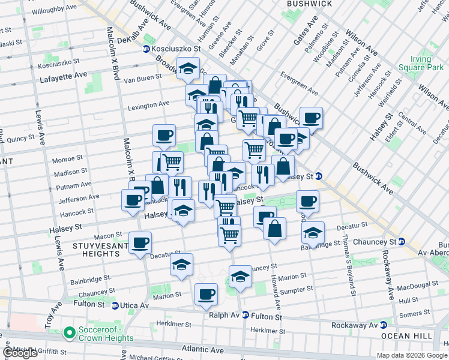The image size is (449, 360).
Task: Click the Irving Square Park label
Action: [x=418, y=64]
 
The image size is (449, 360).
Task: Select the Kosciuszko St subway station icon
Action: [x=146, y=49]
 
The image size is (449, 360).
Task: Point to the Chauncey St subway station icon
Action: [x=402, y=242]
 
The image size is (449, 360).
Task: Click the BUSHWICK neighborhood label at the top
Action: [x=309, y=4]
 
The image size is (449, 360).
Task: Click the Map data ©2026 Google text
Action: [x=412, y=355]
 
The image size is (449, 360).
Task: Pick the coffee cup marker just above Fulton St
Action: [x=206, y=294]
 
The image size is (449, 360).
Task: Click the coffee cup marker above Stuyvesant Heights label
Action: [x=140, y=242]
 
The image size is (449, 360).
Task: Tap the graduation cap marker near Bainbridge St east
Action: [x=313, y=232]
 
